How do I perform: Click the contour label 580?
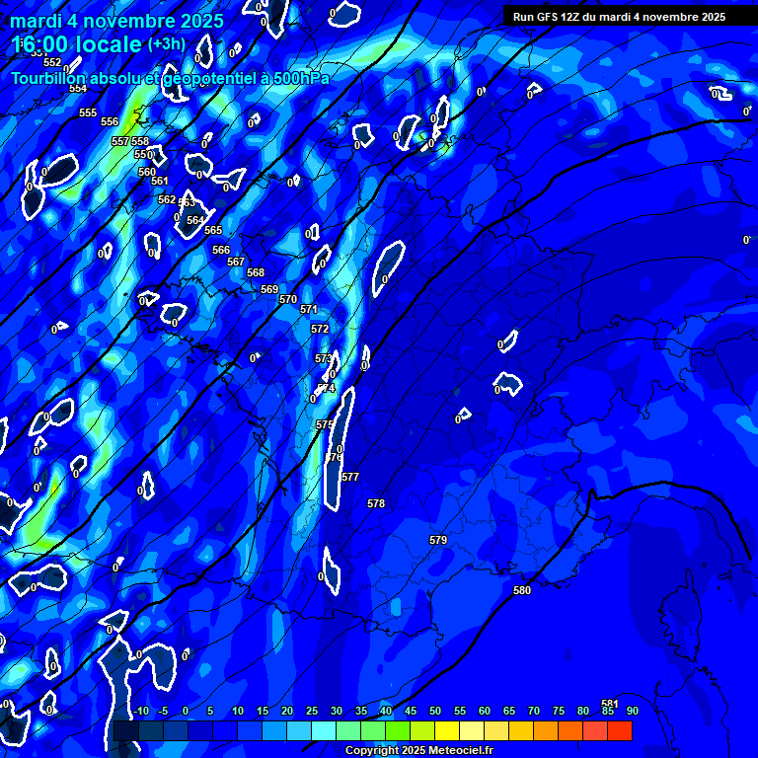pyautogui.click(x=522, y=590)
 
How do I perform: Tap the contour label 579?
pyautogui.click(x=438, y=540)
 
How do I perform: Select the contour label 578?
pyautogui.click(x=376, y=503)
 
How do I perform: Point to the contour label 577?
pyautogui.click(x=350, y=477)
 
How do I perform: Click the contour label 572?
pyautogui.click(x=320, y=329)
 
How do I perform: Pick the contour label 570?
pyautogui.click(x=288, y=299)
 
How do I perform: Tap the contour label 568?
pyautogui.click(x=256, y=272)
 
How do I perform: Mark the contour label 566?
pyautogui.click(x=221, y=250)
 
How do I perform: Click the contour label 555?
pyautogui.click(x=88, y=113)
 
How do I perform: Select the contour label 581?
pyautogui.click(x=610, y=704)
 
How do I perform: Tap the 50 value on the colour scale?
pyautogui.click(x=434, y=712)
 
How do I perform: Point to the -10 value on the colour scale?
pyautogui.click(x=141, y=712)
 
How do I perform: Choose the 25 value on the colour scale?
pyautogui.click(x=311, y=712)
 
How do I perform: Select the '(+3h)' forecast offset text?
pyautogui.click(x=166, y=43)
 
